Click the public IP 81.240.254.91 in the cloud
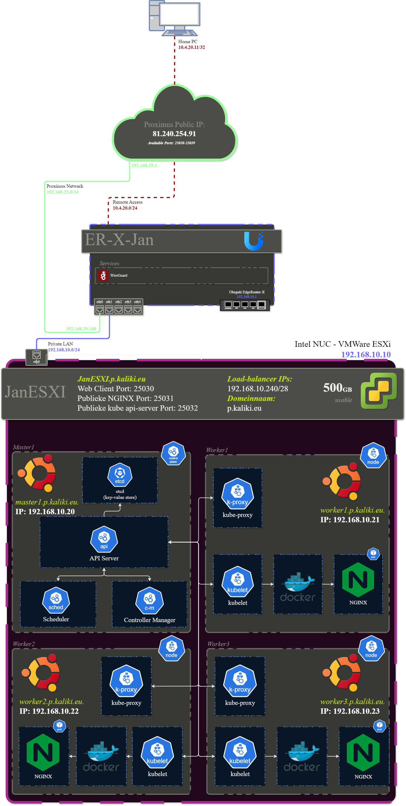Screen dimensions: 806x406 coord(174,133)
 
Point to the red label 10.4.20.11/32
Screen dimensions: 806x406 coord(191,47)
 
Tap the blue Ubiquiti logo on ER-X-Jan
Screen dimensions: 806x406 coord(253,241)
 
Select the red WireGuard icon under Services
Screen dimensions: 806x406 coord(103,275)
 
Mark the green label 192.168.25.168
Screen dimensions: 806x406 coord(81,328)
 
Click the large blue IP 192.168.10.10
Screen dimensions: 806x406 coord(366,355)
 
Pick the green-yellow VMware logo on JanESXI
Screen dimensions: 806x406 coord(379,391)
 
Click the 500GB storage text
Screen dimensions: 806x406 coord(337,388)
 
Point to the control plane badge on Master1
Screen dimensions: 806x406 coord(173,453)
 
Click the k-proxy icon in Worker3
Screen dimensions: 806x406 coord(240,681)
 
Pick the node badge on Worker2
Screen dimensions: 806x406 coord(171,649)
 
